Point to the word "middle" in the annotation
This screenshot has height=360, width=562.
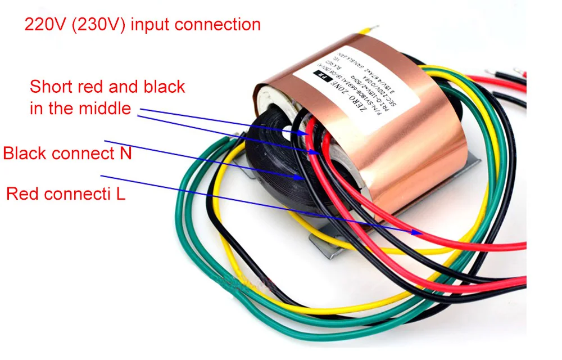[106, 107]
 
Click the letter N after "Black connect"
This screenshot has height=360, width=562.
[125, 153]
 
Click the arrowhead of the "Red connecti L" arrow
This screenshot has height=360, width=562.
[418, 232]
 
